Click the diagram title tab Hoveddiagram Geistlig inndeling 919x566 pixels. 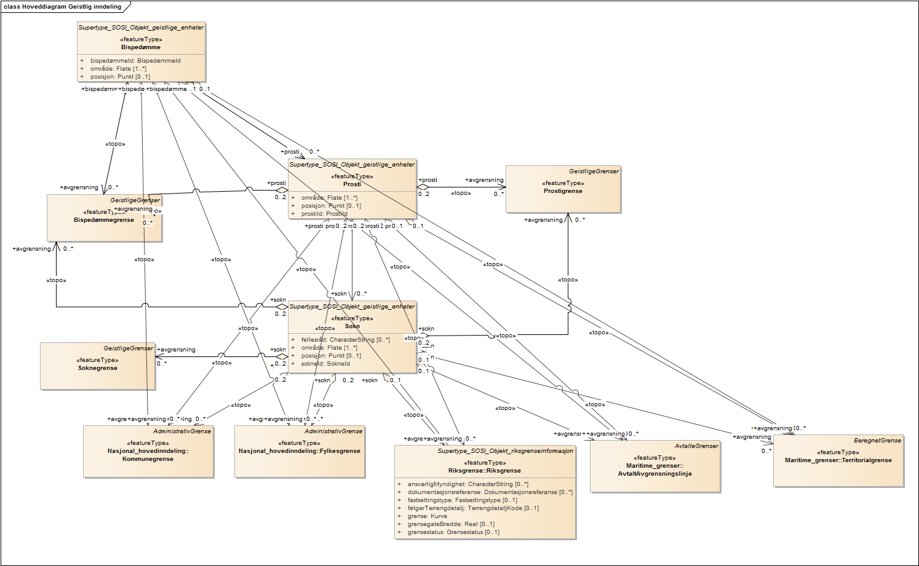pyautogui.click(x=63, y=7)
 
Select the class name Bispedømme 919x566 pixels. pyautogui.click(x=141, y=47)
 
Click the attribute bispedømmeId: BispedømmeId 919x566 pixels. pyautogui.click(x=135, y=61)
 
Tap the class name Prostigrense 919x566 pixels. pyautogui.click(x=563, y=191)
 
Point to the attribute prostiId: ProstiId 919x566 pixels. pyautogui.click(x=324, y=214)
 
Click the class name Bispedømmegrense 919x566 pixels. pyautogui.click(x=103, y=220)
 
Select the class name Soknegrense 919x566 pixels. pyautogui.click(x=97, y=368)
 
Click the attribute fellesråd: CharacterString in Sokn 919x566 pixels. pyautogui.click(x=345, y=340)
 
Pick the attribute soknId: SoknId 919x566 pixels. pyautogui.click(x=325, y=364)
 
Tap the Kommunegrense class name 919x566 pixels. pyautogui.click(x=148, y=459)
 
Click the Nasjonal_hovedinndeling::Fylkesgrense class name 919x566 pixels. pyautogui.click(x=300, y=451)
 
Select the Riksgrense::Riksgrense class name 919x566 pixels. pyautogui.click(x=485, y=471)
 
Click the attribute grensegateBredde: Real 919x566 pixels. pyautogui.click(x=450, y=524)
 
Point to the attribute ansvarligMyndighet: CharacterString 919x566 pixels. pyautogui.click(x=467, y=484)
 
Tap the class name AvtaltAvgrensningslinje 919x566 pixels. pyautogui.click(x=655, y=474)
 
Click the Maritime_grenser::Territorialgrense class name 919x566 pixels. pyautogui.click(x=838, y=460)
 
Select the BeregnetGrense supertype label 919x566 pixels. pyautogui.click(x=877, y=441)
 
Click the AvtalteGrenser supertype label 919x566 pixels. pyautogui.click(x=696, y=446)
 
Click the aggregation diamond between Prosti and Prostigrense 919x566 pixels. pyautogui.click(x=423, y=187)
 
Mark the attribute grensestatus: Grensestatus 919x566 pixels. pyautogui.click(x=453, y=532)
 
